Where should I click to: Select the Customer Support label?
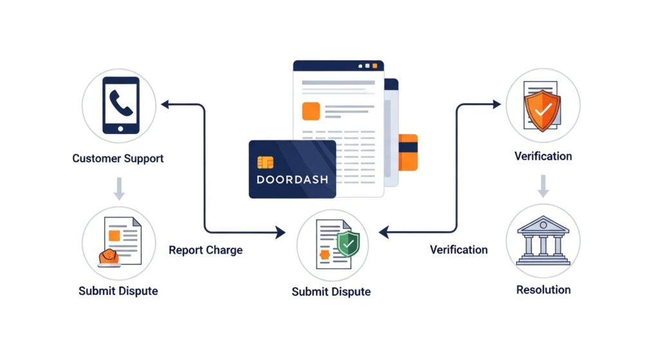[x=118, y=158]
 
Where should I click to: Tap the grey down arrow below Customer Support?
[x=118, y=189]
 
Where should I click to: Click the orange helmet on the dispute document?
[x=109, y=256]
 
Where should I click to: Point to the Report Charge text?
[x=205, y=250]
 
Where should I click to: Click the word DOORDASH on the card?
[x=292, y=179]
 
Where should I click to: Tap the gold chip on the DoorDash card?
[x=265, y=162]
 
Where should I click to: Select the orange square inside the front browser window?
[x=311, y=111]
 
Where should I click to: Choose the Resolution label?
[x=543, y=290]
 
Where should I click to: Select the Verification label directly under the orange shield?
[x=543, y=156]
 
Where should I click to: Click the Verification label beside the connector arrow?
[x=458, y=250]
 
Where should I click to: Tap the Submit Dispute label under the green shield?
[x=331, y=292]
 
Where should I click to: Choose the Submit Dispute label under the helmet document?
[x=118, y=290]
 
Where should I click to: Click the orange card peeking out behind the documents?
[x=408, y=152]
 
